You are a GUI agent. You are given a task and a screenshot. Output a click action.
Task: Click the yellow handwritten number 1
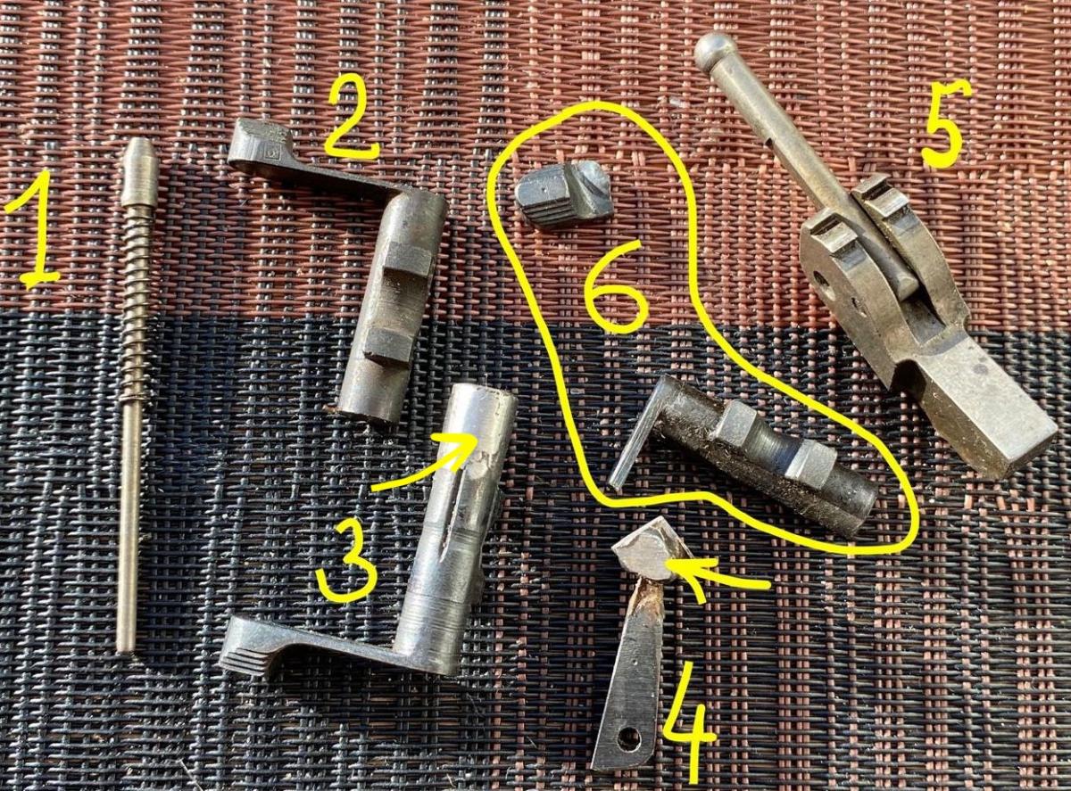[x=37, y=232]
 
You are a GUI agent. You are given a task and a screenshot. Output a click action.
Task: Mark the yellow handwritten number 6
[x=616, y=286]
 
